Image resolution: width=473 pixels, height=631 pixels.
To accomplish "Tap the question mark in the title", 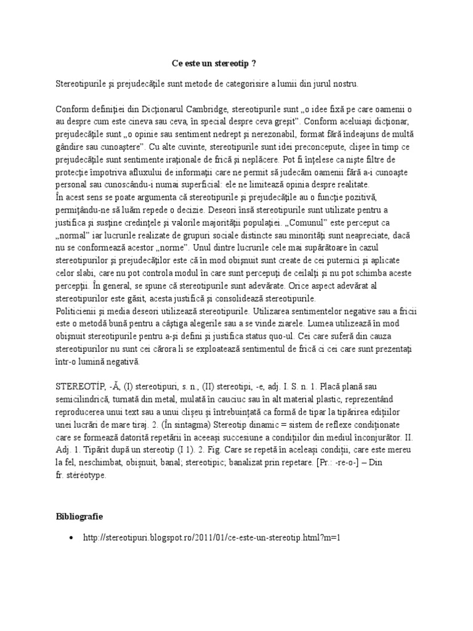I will click(254, 63).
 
